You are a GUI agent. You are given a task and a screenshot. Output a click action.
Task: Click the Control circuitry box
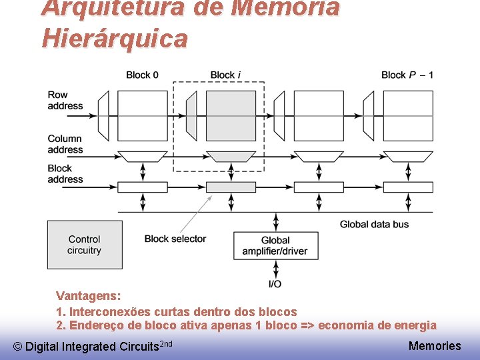tap(84, 245)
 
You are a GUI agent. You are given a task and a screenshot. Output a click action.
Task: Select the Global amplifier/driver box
tap(275, 245)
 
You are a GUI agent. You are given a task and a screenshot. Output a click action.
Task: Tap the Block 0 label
tap(142, 75)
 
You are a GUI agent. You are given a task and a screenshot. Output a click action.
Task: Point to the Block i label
tap(222, 75)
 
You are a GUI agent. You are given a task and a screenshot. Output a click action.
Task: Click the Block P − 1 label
tap(407, 75)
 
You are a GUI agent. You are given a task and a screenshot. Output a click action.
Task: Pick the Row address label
tap(65, 100)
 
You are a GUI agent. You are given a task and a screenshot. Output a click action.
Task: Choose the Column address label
tap(65, 144)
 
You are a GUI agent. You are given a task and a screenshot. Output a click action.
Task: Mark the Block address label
tap(65, 173)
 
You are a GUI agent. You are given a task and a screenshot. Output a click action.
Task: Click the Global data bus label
tap(374, 225)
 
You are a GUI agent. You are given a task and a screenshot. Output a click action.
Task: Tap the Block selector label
tap(175, 239)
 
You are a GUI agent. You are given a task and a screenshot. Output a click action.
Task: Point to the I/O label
tap(275, 284)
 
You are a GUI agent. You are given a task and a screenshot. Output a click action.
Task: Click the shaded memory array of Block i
tap(231, 115)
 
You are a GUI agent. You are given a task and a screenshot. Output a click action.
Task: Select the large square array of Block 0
tap(142, 115)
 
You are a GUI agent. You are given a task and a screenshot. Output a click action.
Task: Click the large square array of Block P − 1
tap(407, 115)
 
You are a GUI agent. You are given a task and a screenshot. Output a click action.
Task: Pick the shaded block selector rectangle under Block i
tap(231, 187)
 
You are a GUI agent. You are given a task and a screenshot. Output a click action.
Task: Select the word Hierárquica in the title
tap(114, 39)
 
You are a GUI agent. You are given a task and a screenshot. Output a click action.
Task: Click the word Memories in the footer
tap(434, 345)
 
